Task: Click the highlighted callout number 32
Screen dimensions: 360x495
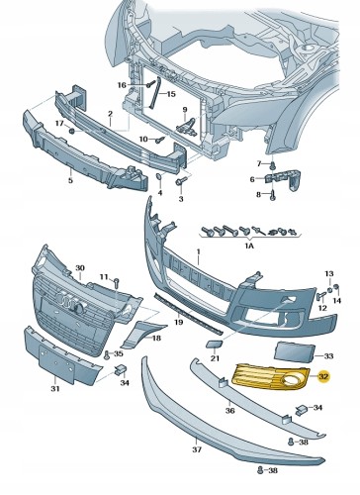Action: click(x=324, y=376)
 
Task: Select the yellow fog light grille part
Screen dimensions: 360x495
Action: click(x=271, y=376)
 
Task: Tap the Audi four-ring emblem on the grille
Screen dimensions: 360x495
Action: click(x=69, y=301)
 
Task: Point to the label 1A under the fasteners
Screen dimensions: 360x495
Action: click(x=249, y=246)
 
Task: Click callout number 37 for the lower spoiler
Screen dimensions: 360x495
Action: click(x=197, y=449)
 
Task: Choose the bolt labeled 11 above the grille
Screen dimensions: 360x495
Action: click(x=117, y=282)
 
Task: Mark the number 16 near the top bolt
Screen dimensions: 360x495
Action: click(x=122, y=85)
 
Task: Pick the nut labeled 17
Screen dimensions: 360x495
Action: click(x=71, y=131)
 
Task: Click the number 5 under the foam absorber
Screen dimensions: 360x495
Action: click(x=70, y=180)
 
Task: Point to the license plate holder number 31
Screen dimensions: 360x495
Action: click(x=55, y=389)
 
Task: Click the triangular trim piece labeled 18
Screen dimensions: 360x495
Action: click(x=142, y=334)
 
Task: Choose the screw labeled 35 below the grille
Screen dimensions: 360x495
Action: click(x=107, y=355)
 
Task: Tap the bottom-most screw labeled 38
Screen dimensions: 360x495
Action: click(x=260, y=469)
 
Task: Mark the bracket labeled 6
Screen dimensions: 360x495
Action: click(x=283, y=180)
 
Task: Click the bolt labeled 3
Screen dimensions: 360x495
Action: click(x=181, y=181)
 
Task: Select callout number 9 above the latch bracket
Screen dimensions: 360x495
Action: click(x=185, y=109)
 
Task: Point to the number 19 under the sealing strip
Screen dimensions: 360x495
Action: click(x=178, y=321)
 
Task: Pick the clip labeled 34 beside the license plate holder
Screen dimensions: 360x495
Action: click(x=120, y=370)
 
